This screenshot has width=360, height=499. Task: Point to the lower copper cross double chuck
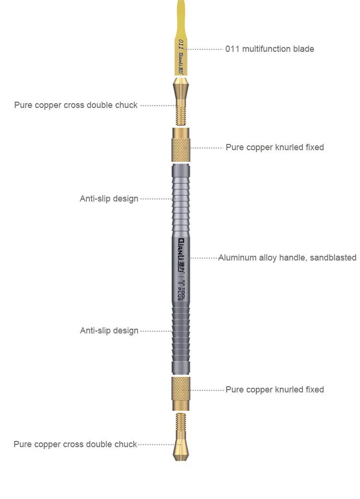[180, 437]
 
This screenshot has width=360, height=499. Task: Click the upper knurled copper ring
[180, 146]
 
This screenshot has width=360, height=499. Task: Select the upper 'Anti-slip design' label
[109, 199]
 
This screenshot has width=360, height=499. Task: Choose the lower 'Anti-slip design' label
[109, 331]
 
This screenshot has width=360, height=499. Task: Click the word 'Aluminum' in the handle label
[237, 258]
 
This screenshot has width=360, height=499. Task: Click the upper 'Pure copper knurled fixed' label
[275, 147]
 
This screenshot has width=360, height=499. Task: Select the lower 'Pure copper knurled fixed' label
[275, 390]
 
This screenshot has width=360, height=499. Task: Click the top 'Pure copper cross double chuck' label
[76, 105]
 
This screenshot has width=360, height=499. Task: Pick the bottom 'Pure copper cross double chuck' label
[75, 444]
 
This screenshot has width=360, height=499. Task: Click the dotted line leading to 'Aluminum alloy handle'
[204, 258]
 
